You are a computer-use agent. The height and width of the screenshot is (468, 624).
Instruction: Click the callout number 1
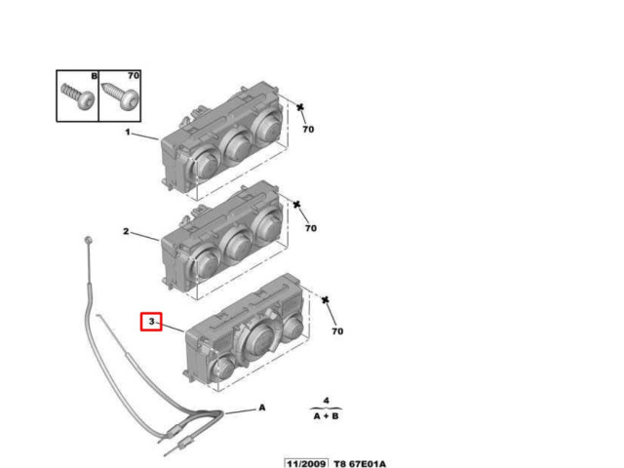coord(128,132)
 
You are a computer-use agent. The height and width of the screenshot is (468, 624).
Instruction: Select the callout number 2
coord(126,231)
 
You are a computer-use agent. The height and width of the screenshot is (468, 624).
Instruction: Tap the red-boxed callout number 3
coord(151,321)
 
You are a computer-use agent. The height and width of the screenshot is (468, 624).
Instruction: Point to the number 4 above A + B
coord(327,401)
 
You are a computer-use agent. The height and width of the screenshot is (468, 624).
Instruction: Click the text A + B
coord(326,416)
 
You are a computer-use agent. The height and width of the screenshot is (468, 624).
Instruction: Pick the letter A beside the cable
coord(262,408)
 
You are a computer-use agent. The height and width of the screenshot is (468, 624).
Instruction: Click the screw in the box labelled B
coord(78,97)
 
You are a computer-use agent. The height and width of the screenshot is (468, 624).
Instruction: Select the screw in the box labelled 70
coord(120,96)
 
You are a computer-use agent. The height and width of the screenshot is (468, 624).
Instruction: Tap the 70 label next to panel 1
coord(308,130)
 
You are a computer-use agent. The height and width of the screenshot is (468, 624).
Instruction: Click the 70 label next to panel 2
coord(311,228)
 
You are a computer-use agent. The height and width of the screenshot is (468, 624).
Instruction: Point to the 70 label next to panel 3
coord(337,331)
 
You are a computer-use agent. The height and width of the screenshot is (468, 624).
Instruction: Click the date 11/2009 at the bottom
coord(306,464)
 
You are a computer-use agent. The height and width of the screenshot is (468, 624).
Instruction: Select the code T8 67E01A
coord(360,464)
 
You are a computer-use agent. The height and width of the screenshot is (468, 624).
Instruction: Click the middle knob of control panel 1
coord(238,145)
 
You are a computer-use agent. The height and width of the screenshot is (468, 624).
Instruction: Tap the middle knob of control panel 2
coord(238,245)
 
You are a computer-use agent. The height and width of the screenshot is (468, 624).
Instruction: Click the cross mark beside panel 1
coord(300,107)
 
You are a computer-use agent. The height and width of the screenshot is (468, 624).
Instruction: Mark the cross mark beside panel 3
coord(325,299)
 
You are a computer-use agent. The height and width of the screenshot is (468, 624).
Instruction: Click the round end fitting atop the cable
coord(88,240)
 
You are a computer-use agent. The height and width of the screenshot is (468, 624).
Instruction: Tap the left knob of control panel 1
coord(206,163)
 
